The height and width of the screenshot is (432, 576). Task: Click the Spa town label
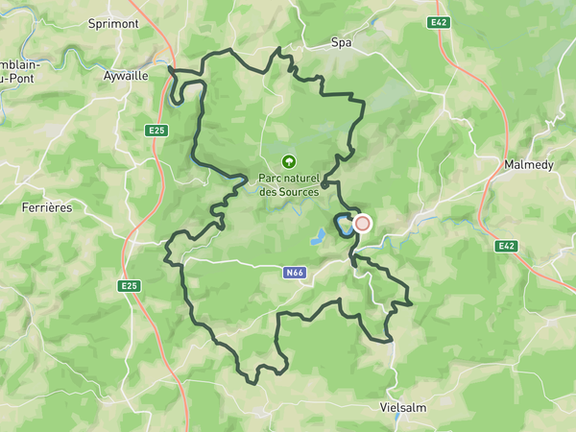pyautogui.click(x=341, y=42)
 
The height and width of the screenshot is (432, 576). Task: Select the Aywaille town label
pyautogui.click(x=126, y=75)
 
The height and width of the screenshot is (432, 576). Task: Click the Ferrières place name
pyautogui.click(x=47, y=207)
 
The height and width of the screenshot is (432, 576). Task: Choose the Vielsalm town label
pyautogui.click(x=403, y=407)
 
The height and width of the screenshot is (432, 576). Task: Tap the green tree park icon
pyautogui.click(x=288, y=161)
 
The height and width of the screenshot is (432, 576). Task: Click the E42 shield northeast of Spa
pyautogui.click(x=440, y=21)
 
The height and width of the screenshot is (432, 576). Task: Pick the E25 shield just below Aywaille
pyautogui.click(x=157, y=130)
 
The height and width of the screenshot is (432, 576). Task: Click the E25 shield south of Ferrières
pyautogui.click(x=130, y=286)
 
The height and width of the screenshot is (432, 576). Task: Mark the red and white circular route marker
pyautogui.click(x=362, y=224)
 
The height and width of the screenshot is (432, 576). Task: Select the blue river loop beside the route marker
pyautogui.click(x=341, y=226)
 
